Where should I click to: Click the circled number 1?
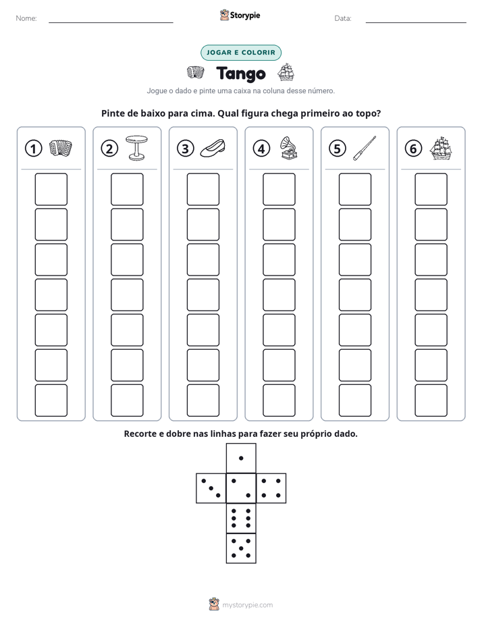(x=33, y=149)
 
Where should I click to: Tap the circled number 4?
(x=261, y=149)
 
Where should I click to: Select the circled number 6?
(x=413, y=149)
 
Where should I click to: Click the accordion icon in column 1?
(x=61, y=148)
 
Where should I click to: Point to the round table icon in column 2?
(x=136, y=148)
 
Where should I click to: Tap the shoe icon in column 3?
(x=213, y=148)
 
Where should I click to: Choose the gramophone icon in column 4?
(x=289, y=148)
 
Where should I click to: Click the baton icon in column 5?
(x=365, y=148)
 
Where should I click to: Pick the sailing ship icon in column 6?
(x=441, y=148)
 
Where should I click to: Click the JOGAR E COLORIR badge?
(x=241, y=53)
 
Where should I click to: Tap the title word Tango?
(x=241, y=74)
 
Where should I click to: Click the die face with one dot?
(x=241, y=458)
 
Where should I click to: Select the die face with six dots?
(x=241, y=518)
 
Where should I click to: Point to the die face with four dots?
(x=271, y=488)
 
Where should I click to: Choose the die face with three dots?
(x=211, y=488)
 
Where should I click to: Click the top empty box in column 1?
(x=51, y=189)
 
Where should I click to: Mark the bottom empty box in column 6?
(x=431, y=400)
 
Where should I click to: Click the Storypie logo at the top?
(x=240, y=15)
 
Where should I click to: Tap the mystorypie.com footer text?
(x=247, y=605)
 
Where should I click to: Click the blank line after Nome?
(x=111, y=22)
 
